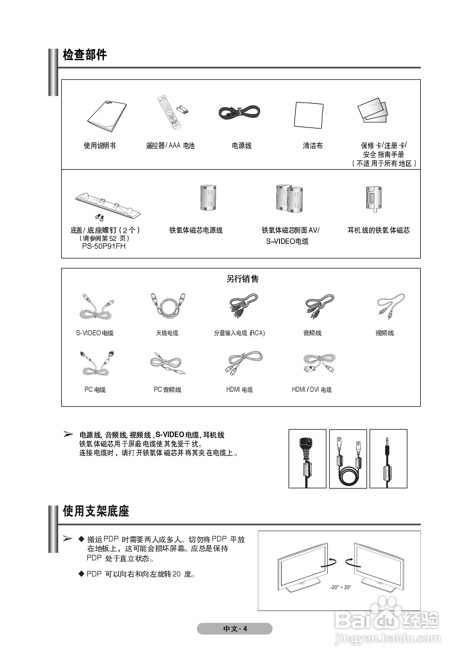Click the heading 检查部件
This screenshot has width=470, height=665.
[x=85, y=55]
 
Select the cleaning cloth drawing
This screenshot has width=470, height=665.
[x=309, y=115]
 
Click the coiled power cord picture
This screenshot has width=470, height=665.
[x=240, y=112]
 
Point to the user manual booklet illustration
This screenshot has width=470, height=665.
[x=107, y=116]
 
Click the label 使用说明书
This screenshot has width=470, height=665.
[x=100, y=146]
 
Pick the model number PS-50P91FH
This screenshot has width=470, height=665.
[x=104, y=246]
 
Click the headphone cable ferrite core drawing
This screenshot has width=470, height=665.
[x=373, y=199]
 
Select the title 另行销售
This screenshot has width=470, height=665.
[x=242, y=279]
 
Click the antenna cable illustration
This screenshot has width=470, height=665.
[x=168, y=306]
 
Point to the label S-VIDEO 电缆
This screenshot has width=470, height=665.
[x=95, y=333]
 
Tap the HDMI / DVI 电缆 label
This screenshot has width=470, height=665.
[x=312, y=390]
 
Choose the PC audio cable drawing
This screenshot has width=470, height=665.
[x=168, y=363]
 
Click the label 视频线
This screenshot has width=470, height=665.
[x=385, y=333]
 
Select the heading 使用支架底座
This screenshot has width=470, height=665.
[x=96, y=511]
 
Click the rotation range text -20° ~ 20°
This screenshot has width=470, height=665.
[x=341, y=587]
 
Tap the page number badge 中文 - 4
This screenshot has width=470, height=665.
[x=235, y=629]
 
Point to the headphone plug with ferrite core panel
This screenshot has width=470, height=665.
[x=388, y=459]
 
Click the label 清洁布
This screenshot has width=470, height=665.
[x=313, y=146]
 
